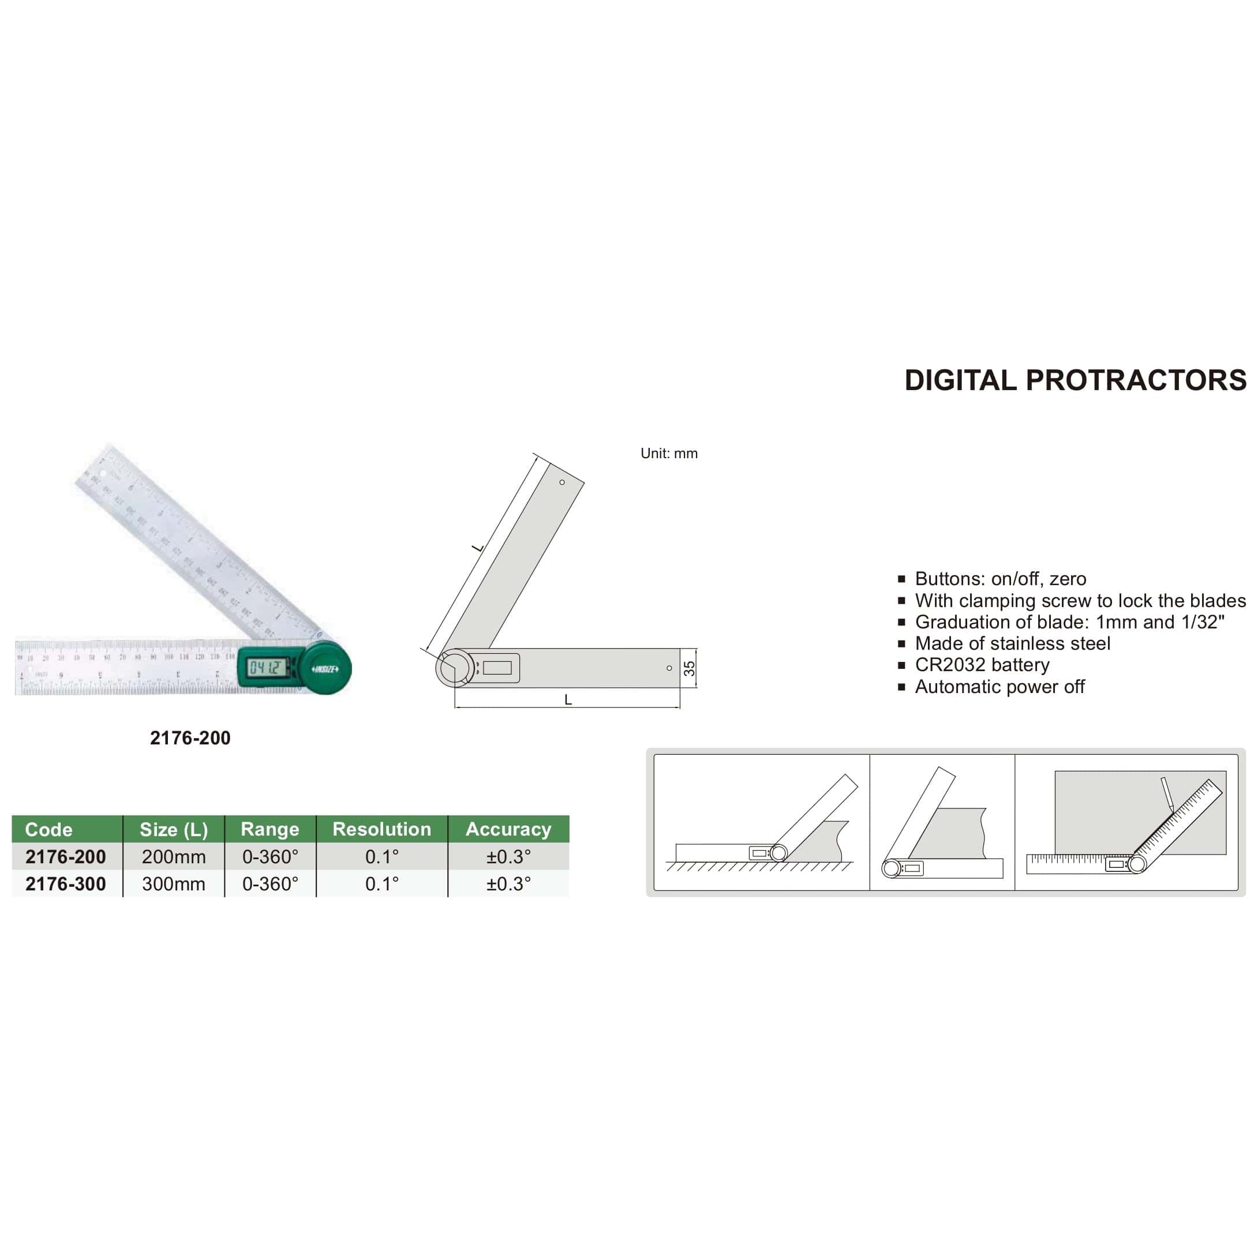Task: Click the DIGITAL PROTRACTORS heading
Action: (x=1075, y=380)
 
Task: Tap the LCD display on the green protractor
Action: (x=267, y=667)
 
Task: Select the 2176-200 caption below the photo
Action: (x=190, y=737)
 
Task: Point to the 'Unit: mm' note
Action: (x=669, y=453)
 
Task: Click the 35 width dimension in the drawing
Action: (x=690, y=668)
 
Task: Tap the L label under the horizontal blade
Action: (x=568, y=700)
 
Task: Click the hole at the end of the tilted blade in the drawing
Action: (x=562, y=482)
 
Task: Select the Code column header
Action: (x=49, y=829)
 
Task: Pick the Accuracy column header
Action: (x=508, y=829)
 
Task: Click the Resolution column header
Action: (x=381, y=829)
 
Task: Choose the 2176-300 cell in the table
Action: (x=66, y=883)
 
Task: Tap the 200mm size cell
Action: (x=174, y=856)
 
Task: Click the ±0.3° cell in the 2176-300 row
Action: (x=508, y=883)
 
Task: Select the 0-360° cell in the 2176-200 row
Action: (x=270, y=856)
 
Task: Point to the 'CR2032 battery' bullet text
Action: (x=982, y=665)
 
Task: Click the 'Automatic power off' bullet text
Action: (x=999, y=686)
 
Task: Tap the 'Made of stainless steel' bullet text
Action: (x=1013, y=643)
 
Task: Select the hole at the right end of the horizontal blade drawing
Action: (x=669, y=668)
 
